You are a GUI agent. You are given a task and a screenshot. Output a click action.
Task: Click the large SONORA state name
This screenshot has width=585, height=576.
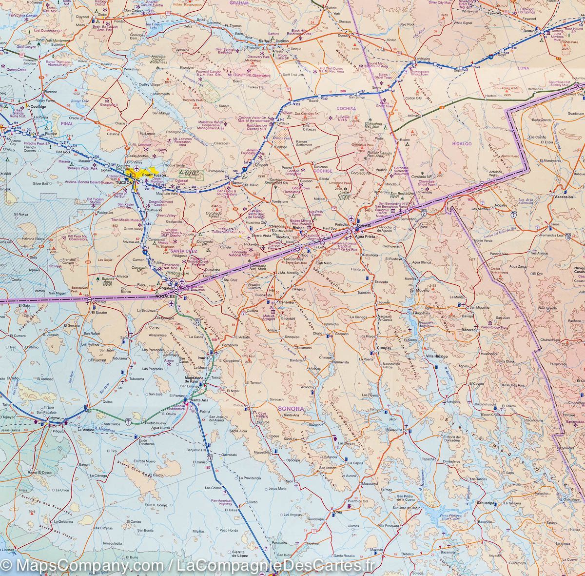point(291,408)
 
